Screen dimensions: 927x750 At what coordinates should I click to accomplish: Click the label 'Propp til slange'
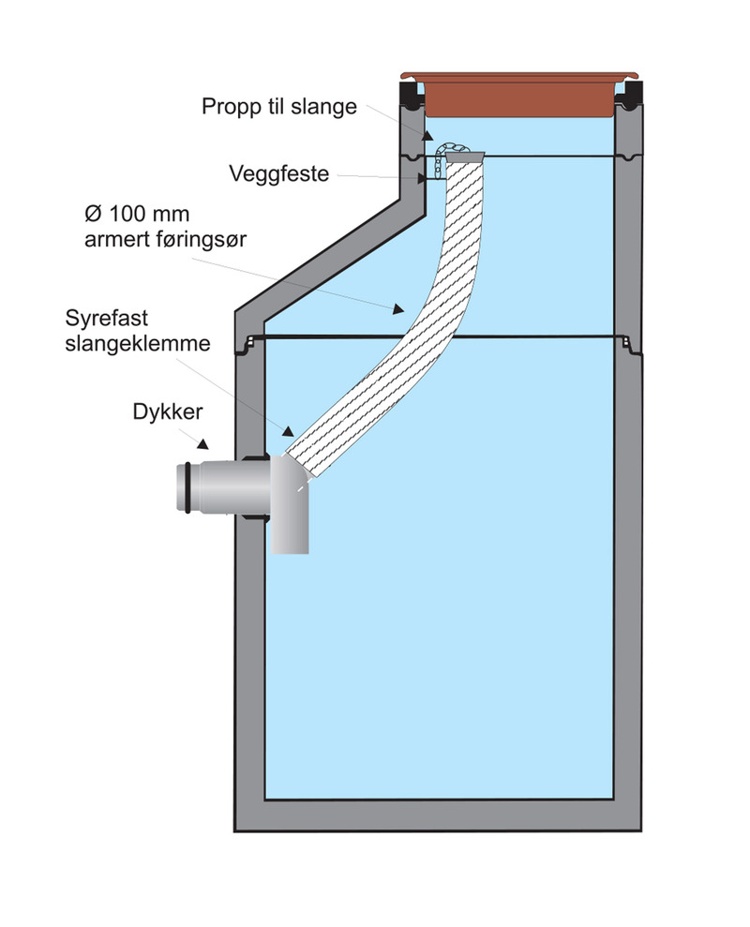coord(278,106)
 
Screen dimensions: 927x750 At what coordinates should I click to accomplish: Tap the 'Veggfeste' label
coord(278,173)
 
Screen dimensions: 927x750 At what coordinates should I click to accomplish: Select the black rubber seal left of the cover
coord(411,94)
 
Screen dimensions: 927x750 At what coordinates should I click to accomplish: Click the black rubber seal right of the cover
coord(629,94)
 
